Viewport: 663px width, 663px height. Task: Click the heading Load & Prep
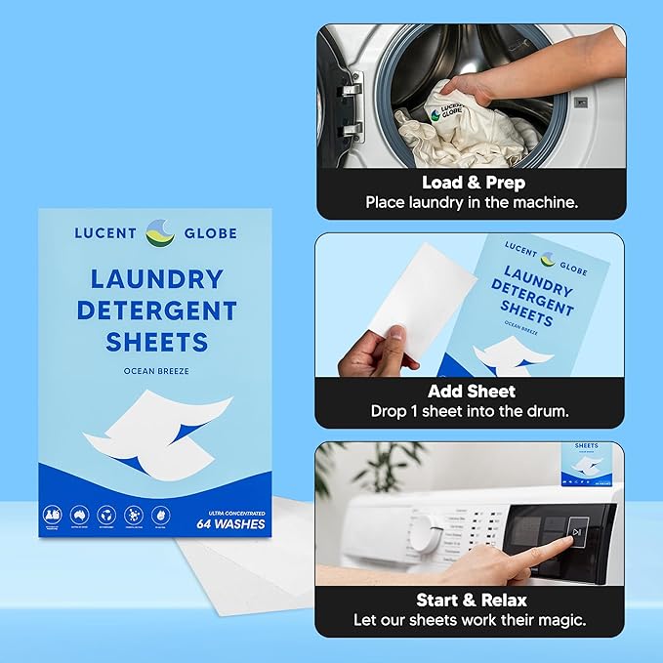tap(473, 183)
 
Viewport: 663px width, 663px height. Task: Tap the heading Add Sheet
tap(472, 392)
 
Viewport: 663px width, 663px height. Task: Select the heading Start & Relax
tap(472, 601)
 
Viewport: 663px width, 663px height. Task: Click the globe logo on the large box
tap(158, 233)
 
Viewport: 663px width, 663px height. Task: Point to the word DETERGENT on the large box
tap(156, 311)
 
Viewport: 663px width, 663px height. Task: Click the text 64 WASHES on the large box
tap(229, 523)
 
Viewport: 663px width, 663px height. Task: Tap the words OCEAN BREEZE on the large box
tap(157, 372)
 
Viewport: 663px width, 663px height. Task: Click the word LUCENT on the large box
tap(106, 233)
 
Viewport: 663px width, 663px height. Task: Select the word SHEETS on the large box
tap(157, 342)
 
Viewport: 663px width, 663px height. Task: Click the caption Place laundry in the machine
tap(472, 203)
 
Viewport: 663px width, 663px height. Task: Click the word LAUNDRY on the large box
tap(156, 279)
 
